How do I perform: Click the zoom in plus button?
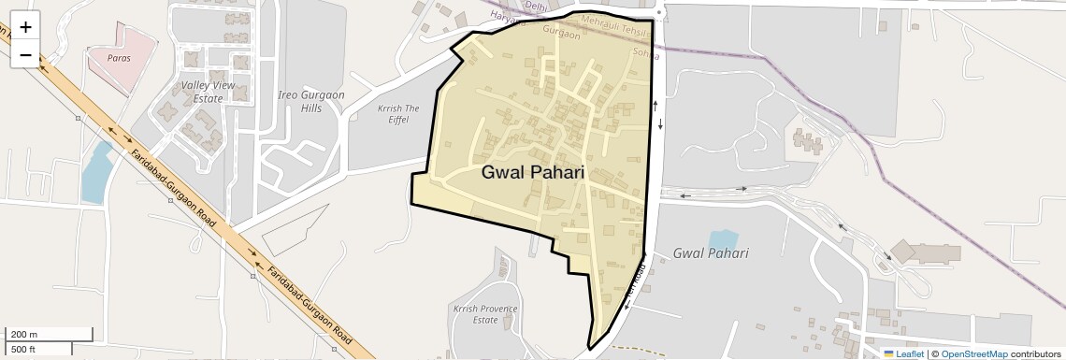[x=25, y=27]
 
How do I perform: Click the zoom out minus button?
[x=25, y=55]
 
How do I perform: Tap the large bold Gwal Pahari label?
[x=532, y=173]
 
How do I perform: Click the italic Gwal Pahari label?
[x=711, y=253]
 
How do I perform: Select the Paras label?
[x=118, y=58]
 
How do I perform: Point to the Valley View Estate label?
[x=202, y=92]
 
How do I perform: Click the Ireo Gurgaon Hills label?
[x=311, y=102]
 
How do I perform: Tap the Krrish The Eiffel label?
[x=397, y=114]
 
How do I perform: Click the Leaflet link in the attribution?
[x=910, y=353]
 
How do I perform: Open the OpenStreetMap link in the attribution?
[x=974, y=353]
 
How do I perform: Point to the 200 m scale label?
[x=24, y=335]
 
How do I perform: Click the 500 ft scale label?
[x=23, y=350]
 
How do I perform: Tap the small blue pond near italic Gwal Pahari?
[x=723, y=239]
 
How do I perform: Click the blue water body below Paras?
[x=96, y=174]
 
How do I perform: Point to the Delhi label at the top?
[x=535, y=6]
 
